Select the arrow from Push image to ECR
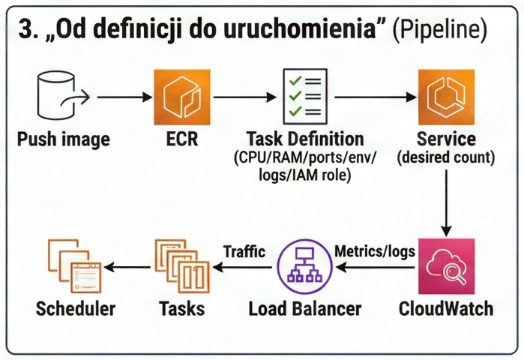(124, 97)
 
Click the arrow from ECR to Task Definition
(240, 97)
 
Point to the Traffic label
(244, 252)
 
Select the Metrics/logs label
(374, 252)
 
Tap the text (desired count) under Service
(446, 157)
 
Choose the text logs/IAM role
(304, 174)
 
